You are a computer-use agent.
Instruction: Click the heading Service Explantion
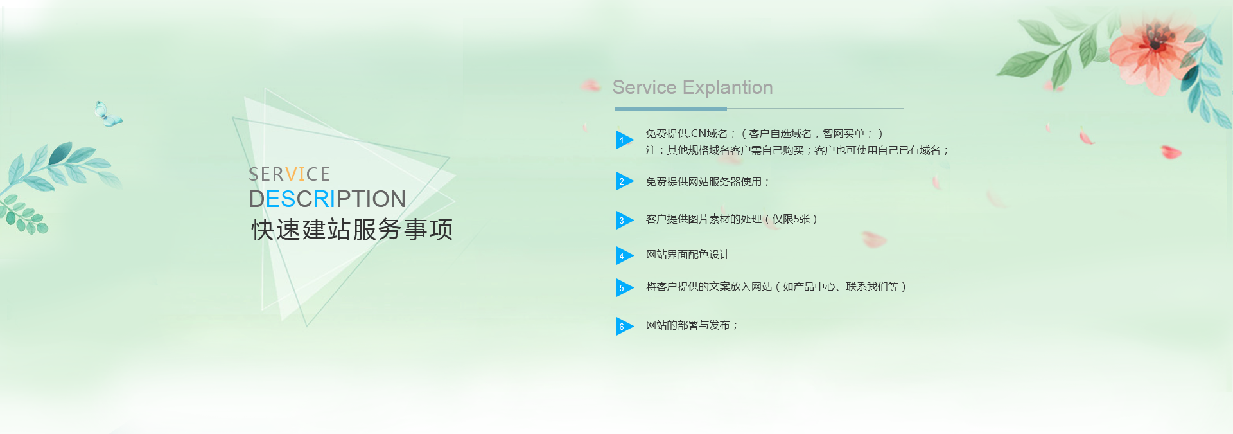click(692, 87)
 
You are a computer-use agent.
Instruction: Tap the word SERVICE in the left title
click(289, 174)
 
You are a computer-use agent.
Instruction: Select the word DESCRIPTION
click(327, 199)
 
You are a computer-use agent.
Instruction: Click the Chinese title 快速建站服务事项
click(352, 230)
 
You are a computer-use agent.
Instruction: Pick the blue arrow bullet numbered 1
click(624, 140)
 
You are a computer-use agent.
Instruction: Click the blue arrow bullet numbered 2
click(624, 181)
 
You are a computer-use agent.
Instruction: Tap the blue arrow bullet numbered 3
click(624, 220)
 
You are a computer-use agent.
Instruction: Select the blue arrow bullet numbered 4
click(624, 255)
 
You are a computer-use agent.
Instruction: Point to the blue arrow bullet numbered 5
click(624, 287)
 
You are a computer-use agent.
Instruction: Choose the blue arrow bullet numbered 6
click(624, 326)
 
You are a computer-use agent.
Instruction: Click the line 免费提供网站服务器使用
click(707, 182)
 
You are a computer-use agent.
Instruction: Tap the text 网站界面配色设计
click(688, 255)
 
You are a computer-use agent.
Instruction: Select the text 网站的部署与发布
click(692, 325)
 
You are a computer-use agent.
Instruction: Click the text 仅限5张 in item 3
click(791, 219)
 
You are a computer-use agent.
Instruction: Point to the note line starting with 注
click(797, 150)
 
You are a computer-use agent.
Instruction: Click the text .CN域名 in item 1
click(708, 134)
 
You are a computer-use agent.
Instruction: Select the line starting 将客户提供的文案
click(776, 287)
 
